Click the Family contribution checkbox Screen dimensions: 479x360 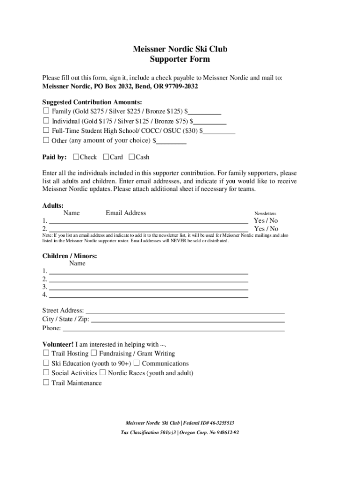(46, 111)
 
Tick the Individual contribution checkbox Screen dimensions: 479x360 (46, 121)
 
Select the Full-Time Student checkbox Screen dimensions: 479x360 (46, 131)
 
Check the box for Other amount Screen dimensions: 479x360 (46, 140)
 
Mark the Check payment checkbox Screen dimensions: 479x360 (76, 157)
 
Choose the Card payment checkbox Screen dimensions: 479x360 (106, 157)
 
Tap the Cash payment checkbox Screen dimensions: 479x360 (131, 157)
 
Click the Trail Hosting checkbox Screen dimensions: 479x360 (46, 353)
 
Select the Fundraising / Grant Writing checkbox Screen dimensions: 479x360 (94, 353)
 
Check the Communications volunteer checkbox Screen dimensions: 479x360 (137, 363)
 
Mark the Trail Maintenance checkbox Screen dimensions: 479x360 (46, 383)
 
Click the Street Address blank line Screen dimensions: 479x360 (185, 311)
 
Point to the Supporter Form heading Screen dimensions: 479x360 (180, 59)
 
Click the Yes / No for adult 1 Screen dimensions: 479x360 (266, 221)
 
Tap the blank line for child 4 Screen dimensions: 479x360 (148, 296)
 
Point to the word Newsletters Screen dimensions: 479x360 (265, 213)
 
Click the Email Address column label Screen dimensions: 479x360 (126, 213)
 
